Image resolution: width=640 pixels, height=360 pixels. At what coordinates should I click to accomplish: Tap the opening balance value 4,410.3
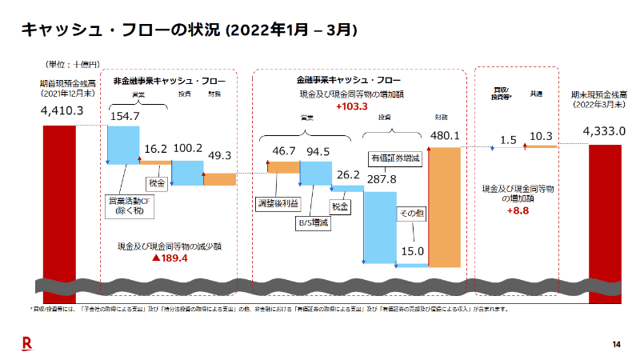[62, 110]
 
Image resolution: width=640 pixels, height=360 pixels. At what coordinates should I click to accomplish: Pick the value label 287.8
[382, 179]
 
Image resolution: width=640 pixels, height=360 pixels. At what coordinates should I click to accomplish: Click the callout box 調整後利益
[276, 202]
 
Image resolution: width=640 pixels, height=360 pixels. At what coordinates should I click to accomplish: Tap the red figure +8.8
[518, 211]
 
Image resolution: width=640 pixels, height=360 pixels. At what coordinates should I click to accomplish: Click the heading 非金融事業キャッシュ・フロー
[169, 81]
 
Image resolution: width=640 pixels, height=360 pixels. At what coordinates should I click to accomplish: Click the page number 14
[616, 344]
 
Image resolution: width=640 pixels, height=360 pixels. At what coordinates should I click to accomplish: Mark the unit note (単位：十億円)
[74, 63]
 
